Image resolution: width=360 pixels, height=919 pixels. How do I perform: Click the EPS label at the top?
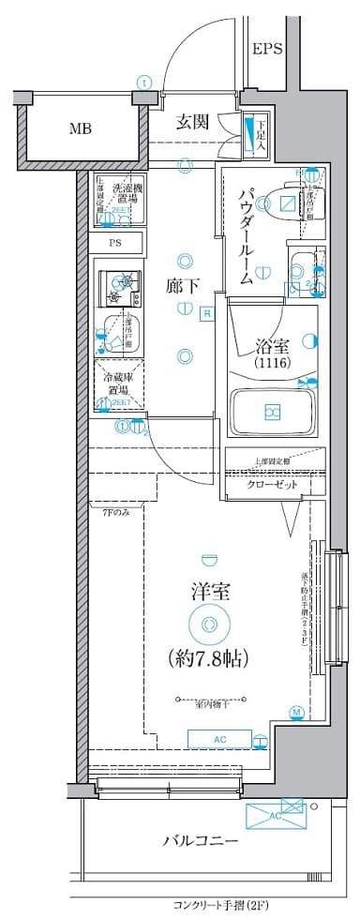click(x=267, y=49)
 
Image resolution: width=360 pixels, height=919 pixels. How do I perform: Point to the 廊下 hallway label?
click(x=183, y=287)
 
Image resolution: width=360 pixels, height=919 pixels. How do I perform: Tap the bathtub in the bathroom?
click(x=273, y=411)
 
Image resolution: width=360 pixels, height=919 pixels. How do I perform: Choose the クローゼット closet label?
click(x=273, y=485)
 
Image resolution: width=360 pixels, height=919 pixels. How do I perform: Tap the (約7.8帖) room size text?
click(x=207, y=657)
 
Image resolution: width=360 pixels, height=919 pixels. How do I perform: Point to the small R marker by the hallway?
click(x=205, y=313)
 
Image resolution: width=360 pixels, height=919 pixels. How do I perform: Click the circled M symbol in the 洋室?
click(x=296, y=713)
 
